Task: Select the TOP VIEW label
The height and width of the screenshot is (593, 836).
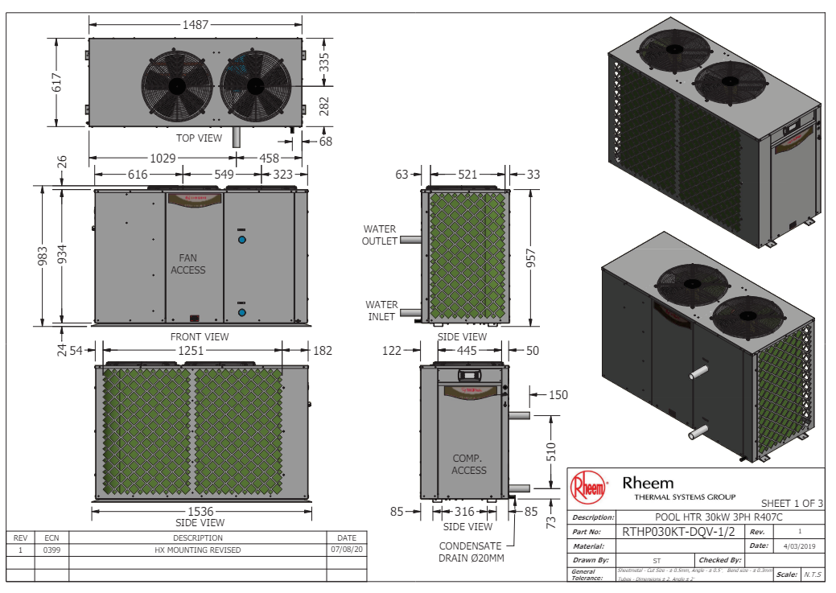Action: (199, 138)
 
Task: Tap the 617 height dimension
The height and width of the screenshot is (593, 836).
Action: (57, 82)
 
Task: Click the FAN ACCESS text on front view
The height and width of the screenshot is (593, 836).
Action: (188, 264)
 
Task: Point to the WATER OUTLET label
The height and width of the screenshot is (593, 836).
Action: (380, 235)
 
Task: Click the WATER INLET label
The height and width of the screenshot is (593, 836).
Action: (381, 311)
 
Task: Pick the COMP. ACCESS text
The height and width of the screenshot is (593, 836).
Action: (469, 464)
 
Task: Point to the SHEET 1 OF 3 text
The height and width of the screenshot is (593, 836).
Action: (792, 503)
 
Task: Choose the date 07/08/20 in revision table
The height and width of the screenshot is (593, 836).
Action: (347, 550)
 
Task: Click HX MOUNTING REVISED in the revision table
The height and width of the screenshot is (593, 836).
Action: (198, 550)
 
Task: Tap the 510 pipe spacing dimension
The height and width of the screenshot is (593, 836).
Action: (551, 451)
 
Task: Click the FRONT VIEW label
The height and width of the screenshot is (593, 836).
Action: (199, 336)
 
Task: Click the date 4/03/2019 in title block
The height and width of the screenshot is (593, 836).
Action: (798, 546)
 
